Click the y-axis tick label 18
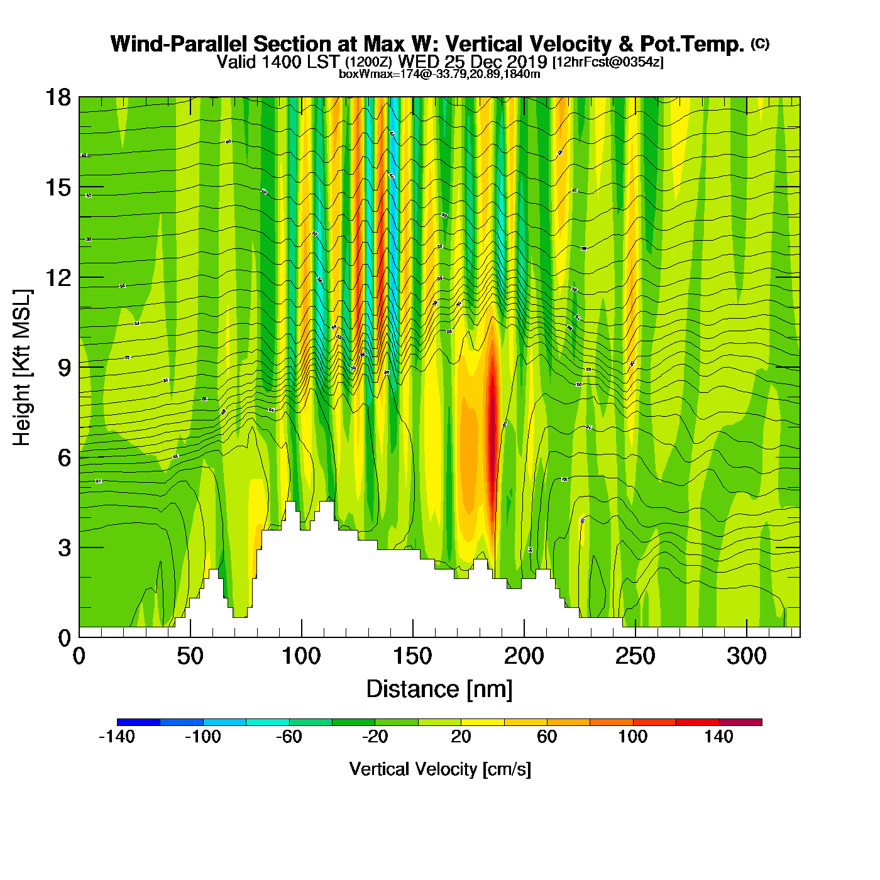pyautogui.click(x=58, y=97)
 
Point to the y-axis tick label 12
pyautogui.click(x=58, y=277)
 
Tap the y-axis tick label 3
pyautogui.click(x=64, y=547)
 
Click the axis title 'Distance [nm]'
pyautogui.click(x=439, y=690)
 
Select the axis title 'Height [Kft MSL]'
pyautogui.click(x=22, y=368)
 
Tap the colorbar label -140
pyautogui.click(x=117, y=737)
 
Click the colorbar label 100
pyautogui.click(x=632, y=737)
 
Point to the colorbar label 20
pyautogui.click(x=461, y=737)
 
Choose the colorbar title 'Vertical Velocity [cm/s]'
pyautogui.click(x=440, y=769)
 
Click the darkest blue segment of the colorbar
pyautogui.click(x=138, y=722)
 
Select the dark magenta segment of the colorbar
pyautogui.click(x=740, y=722)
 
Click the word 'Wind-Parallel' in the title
pyautogui.click(x=179, y=44)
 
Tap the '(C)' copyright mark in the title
pyautogui.click(x=760, y=43)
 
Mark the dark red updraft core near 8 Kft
pyautogui.click(x=493, y=409)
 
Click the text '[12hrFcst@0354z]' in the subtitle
pyautogui.click(x=608, y=62)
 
